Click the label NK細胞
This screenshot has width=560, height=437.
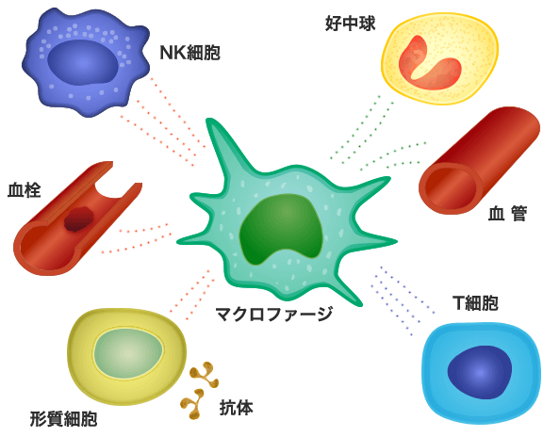click(189, 53)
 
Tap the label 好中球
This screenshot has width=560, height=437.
click(351, 24)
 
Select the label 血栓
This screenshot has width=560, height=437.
click(25, 190)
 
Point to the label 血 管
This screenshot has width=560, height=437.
click(507, 214)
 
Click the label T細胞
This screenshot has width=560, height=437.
click(475, 303)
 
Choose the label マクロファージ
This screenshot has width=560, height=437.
click(274, 314)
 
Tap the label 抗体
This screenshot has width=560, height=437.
click(236, 408)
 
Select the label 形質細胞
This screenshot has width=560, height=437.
click(63, 418)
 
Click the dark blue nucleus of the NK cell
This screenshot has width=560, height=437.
click(83, 63)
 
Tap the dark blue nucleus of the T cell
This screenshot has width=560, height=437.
click(479, 372)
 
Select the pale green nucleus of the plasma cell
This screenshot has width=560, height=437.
click(129, 353)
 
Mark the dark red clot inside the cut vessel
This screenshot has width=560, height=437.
click(79, 219)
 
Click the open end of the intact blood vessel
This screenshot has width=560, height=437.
click(450, 188)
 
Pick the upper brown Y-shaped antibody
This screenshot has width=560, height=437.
click(205, 375)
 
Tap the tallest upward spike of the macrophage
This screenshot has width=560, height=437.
click(220, 143)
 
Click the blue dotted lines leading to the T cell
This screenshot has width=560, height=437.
click(403, 300)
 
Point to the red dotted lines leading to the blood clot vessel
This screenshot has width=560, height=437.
click(136, 238)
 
